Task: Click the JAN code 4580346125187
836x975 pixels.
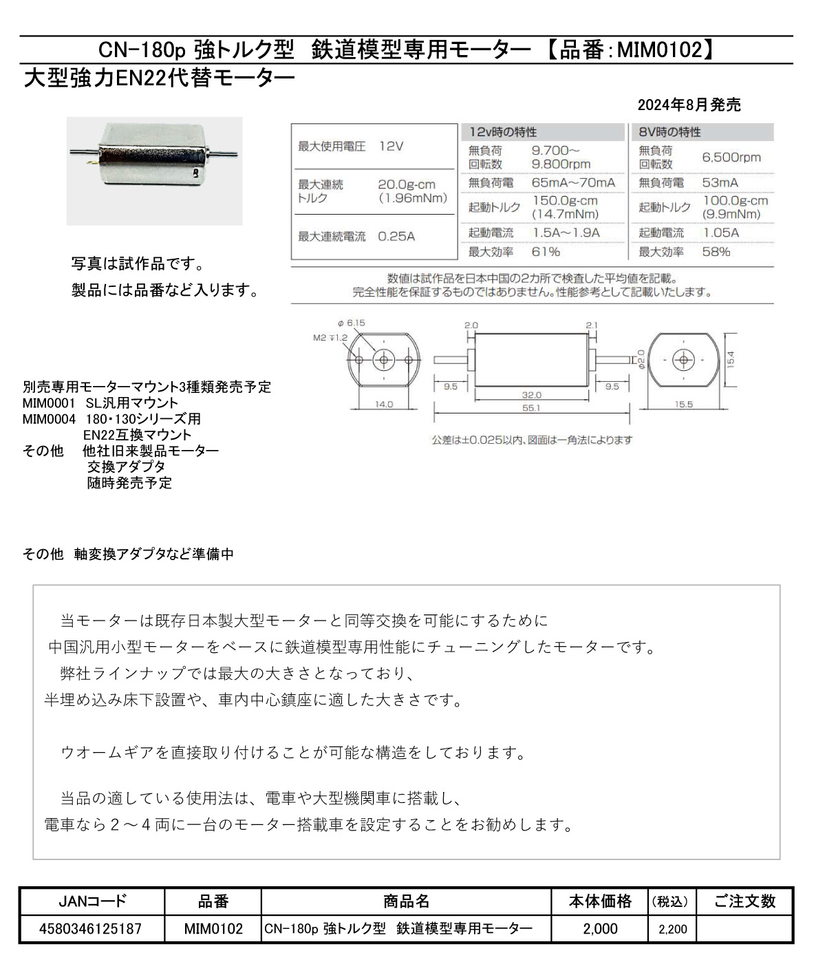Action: pos(91,929)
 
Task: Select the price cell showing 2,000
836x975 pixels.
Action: pos(600,929)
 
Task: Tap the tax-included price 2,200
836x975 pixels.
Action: pos(672,929)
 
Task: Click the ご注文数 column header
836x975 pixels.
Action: pos(744,901)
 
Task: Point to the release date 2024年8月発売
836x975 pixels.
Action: pos(689,105)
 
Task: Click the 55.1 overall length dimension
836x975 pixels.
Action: pos(531,408)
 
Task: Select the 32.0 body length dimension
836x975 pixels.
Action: pos(531,396)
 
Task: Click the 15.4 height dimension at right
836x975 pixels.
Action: pos(730,359)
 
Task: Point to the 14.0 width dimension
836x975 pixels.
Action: pos(383,405)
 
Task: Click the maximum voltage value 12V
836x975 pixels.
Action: pos(391,147)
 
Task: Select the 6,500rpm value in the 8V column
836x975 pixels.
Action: pos(731,158)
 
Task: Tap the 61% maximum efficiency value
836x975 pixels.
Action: pos(546,252)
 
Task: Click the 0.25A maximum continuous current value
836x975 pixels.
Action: pos(396,237)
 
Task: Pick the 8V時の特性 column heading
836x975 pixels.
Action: pos(669,132)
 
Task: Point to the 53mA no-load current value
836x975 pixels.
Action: pos(720,183)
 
